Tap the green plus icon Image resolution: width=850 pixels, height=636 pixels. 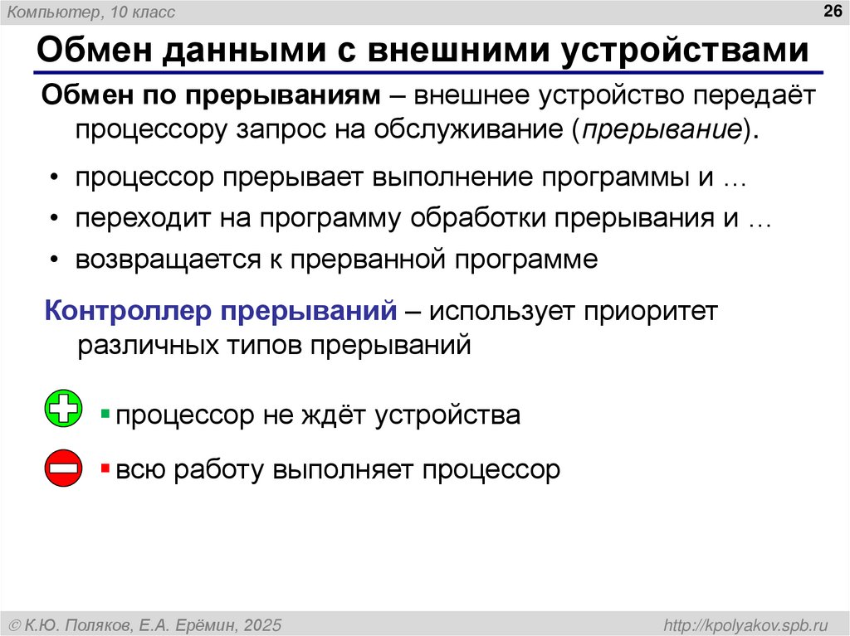pyautogui.click(x=63, y=409)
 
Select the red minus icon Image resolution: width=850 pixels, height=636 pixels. pyautogui.click(x=63, y=468)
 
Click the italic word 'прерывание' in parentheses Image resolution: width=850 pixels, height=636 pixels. pyautogui.click(x=662, y=131)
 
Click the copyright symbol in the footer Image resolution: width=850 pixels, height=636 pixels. pyautogui.click(x=16, y=624)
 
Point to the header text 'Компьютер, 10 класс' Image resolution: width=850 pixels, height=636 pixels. pyautogui.click(x=86, y=10)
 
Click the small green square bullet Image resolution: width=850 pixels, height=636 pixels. pyautogui.click(x=105, y=412)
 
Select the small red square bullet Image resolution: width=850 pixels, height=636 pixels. pyautogui.click(x=105, y=469)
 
